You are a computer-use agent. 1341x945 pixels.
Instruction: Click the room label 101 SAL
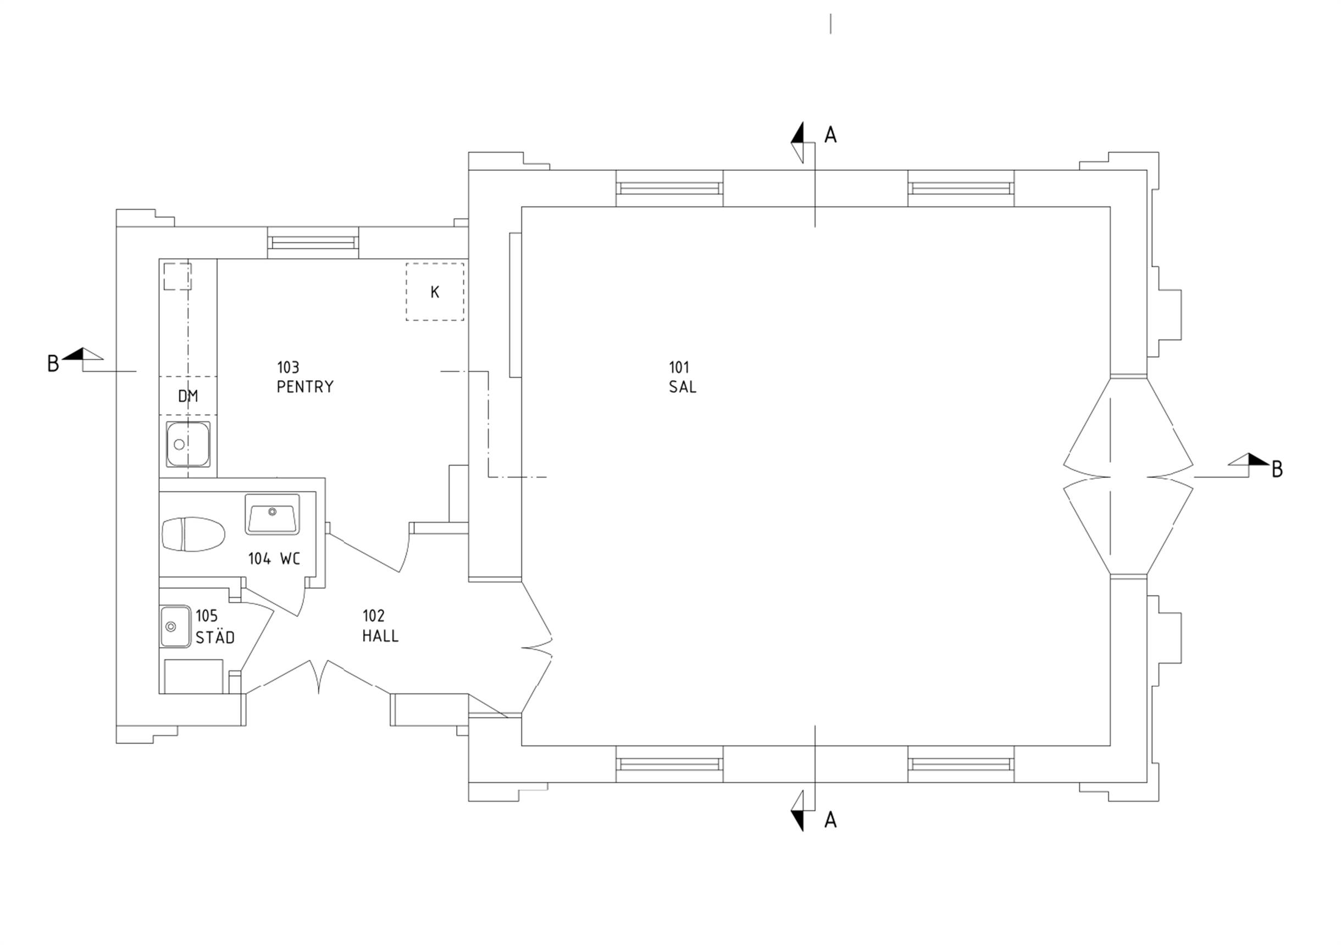682,377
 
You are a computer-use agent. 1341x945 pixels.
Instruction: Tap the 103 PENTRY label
305,377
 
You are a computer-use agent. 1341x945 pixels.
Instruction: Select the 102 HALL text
380,626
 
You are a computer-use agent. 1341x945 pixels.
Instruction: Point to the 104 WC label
274,559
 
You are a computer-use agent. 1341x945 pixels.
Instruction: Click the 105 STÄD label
215,627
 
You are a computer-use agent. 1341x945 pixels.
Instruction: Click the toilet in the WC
193,534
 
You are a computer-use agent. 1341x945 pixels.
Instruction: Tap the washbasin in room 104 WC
272,514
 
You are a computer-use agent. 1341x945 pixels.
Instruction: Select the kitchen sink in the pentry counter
188,444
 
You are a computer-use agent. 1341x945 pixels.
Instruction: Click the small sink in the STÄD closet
175,626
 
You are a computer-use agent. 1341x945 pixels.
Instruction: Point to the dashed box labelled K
435,291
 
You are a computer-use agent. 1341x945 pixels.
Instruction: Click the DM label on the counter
188,396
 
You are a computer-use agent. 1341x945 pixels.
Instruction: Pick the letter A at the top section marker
830,135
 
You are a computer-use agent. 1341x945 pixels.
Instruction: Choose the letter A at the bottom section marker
830,820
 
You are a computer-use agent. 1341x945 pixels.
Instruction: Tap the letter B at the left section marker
53,363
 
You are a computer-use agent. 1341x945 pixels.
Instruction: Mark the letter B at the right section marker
1277,469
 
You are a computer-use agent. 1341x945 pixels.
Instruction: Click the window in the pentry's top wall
313,243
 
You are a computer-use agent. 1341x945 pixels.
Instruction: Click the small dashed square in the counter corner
177,276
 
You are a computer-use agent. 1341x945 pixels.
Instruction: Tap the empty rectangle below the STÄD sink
193,676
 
